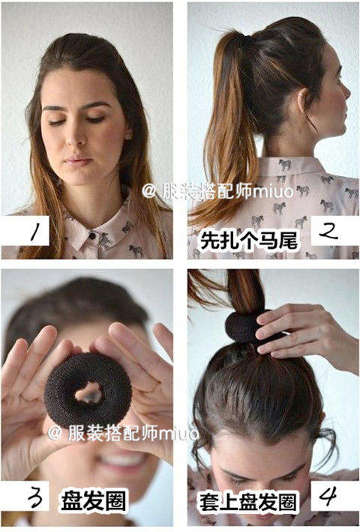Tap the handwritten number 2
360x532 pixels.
click(328, 231)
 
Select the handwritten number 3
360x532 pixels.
click(35, 498)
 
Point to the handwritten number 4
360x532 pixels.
click(328, 496)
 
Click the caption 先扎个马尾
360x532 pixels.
click(249, 241)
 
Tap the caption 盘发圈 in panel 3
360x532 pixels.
click(93, 501)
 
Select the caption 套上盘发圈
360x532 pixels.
click(247, 502)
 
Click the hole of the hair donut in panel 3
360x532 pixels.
click(88, 392)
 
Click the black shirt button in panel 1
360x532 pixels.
click(91, 236)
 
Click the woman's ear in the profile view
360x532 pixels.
click(302, 100)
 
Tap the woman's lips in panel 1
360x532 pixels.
click(78, 160)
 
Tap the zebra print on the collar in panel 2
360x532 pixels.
click(284, 166)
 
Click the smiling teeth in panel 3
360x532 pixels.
click(124, 460)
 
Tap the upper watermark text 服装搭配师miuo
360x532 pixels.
click(217, 192)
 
